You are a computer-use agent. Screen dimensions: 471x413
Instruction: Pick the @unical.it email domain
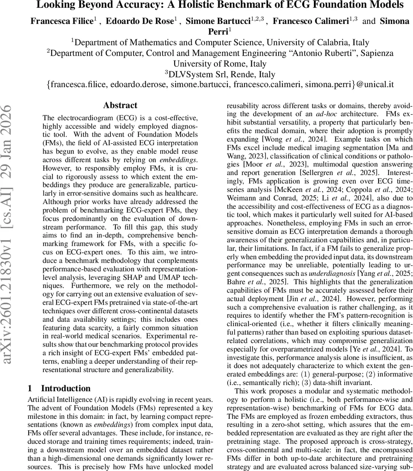[x=375, y=84]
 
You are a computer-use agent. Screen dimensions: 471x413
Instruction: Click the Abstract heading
[x=120, y=105]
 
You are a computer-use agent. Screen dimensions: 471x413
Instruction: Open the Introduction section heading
[x=66, y=389]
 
